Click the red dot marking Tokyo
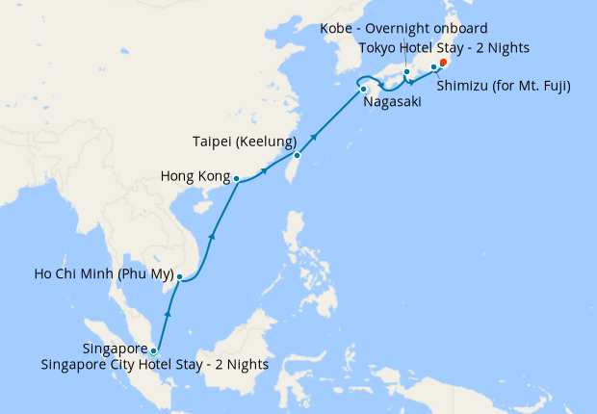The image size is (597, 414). coord(443,63)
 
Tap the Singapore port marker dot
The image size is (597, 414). coord(154,350)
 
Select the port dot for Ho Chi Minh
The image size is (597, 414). coord(179,277)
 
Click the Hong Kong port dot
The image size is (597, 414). coord(236,177)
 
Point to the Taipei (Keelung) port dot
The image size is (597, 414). coord(298,155)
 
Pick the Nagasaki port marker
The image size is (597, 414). coord(364,91)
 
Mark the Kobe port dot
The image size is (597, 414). coord(407,72)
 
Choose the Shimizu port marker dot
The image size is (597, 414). coord(433,67)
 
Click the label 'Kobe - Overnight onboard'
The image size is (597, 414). coord(404,28)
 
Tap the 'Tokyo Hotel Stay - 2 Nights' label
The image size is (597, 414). coord(443,47)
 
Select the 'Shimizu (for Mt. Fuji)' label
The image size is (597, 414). coord(504,87)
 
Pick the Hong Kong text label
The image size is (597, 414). coord(194,177)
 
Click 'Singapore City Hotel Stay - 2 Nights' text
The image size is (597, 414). coord(155,365)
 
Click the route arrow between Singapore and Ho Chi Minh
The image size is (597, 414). coord(169,313)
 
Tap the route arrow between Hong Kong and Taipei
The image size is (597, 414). coord(265,171)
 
